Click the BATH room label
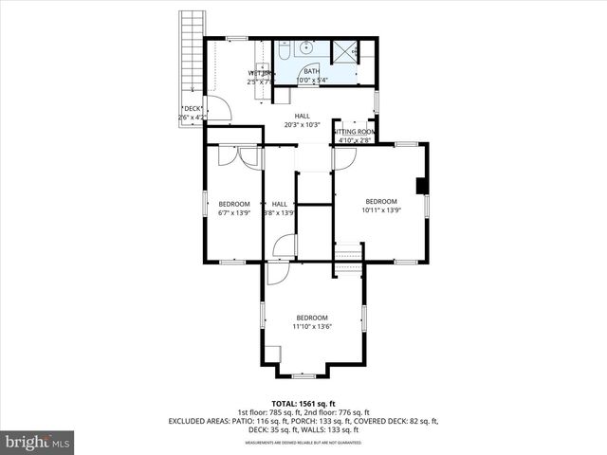(x=312, y=71)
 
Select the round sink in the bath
(x=309, y=47)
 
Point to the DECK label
(x=193, y=108)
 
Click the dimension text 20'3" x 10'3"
(x=303, y=125)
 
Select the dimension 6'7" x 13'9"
(x=234, y=213)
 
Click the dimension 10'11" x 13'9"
(x=381, y=210)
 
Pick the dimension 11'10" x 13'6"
(x=312, y=327)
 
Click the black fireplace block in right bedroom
(x=421, y=184)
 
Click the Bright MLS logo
(x=38, y=443)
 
